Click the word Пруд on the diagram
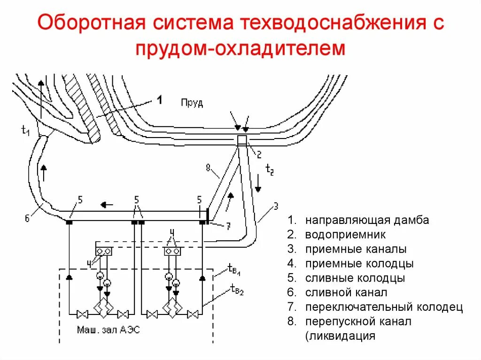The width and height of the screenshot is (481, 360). [192, 103]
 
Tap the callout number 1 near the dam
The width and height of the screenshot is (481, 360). [159, 100]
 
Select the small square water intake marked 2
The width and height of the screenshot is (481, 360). [242, 140]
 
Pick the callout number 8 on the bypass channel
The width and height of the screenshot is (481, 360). [208, 167]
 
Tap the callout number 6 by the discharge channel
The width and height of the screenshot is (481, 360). [27, 217]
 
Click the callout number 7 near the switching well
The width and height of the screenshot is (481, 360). [227, 227]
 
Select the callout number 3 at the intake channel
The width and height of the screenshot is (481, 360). [276, 206]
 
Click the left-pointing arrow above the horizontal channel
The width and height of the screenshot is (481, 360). [108, 205]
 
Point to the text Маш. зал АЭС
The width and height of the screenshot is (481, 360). [108, 330]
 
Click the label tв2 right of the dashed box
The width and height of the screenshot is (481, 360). [237, 290]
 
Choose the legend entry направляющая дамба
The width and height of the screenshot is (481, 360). [366, 220]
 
